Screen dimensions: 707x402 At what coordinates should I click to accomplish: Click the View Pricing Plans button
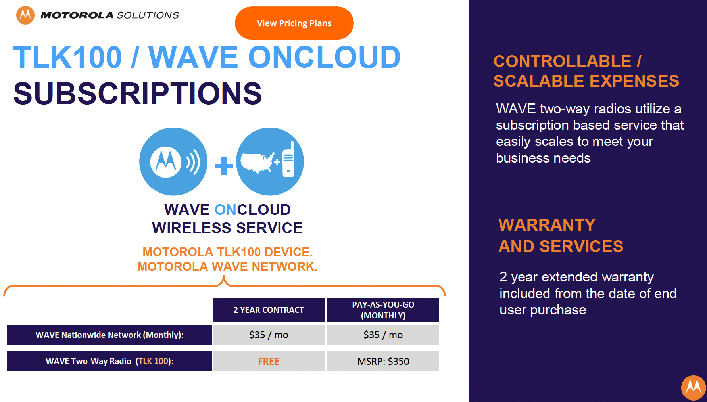[x=294, y=23]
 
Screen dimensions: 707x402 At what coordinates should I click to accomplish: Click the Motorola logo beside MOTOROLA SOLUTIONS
[x=25, y=15]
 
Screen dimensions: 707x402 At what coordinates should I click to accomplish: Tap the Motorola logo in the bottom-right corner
[x=694, y=388]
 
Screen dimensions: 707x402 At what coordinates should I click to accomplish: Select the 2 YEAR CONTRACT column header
[x=269, y=310]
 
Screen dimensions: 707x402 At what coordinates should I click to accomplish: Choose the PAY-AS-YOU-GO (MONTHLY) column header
[x=383, y=310]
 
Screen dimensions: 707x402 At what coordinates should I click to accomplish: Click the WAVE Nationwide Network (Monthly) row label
[x=110, y=335]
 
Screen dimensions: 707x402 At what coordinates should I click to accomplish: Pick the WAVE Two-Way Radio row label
[x=110, y=361]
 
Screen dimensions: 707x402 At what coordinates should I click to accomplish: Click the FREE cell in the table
[x=269, y=361]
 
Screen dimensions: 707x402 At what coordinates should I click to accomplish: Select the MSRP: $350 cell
[x=383, y=361]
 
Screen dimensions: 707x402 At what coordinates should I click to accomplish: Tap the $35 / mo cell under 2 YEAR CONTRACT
[x=269, y=335]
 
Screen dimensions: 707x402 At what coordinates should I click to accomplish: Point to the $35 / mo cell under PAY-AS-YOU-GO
[x=383, y=335]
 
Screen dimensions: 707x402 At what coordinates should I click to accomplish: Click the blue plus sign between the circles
[x=224, y=166]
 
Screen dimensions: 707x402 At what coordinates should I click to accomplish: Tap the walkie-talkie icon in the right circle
[x=288, y=159]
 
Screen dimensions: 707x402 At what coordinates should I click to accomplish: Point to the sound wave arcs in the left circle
[x=193, y=162]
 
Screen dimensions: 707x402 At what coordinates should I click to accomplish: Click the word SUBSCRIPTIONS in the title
[x=138, y=94]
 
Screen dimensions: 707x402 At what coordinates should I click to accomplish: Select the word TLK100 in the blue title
[x=67, y=57]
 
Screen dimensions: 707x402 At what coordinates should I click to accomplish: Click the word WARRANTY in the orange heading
[x=547, y=225]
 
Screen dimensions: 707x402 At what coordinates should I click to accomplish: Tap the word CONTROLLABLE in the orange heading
[x=562, y=61]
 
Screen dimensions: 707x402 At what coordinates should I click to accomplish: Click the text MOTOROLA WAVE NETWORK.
[x=227, y=266]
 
